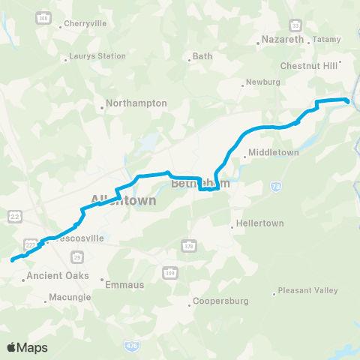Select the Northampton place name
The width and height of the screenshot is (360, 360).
136,103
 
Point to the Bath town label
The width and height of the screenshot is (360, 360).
202,56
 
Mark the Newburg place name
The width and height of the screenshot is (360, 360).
265,83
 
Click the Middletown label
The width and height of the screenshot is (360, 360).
274,153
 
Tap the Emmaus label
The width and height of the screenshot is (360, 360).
119,285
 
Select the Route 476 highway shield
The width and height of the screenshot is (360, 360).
130,345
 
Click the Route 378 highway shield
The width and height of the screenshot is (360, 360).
188,245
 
